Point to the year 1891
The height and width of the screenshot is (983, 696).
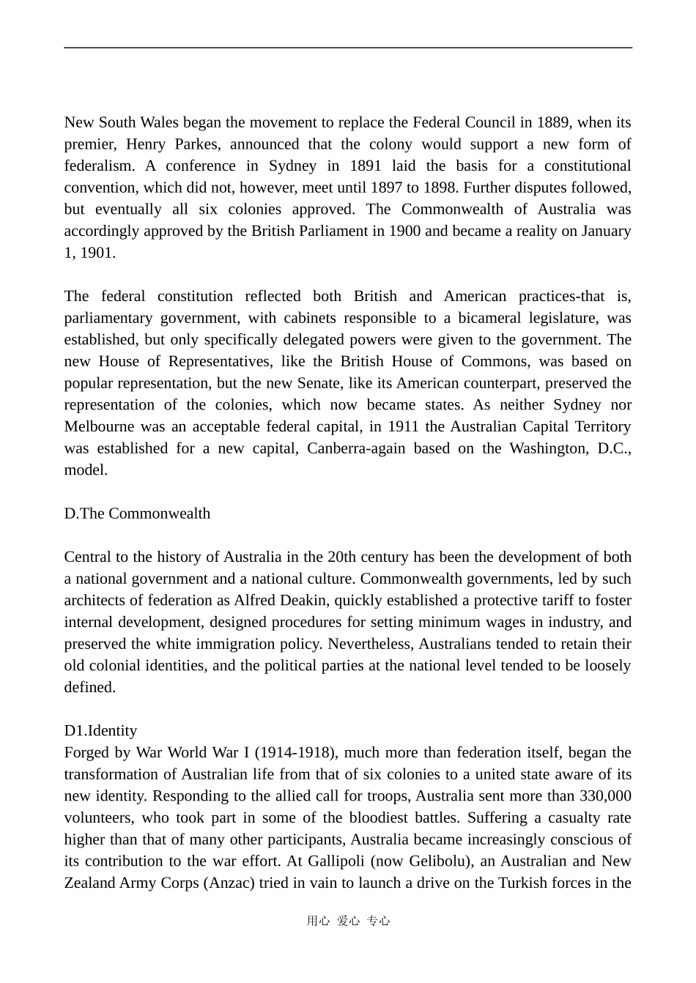[365, 166]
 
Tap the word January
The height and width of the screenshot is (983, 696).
[607, 231]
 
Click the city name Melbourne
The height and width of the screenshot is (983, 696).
[99, 426]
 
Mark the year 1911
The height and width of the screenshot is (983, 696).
[403, 426]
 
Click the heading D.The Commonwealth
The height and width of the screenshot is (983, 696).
[137, 513]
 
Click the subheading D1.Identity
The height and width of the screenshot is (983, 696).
[100, 731]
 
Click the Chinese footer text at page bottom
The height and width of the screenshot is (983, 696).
[348, 921]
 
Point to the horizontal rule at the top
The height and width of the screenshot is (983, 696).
[348, 48]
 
